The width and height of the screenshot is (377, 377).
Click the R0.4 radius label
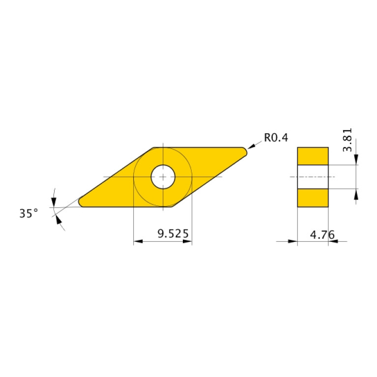coord(276,138)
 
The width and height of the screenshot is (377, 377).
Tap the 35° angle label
coord(29,213)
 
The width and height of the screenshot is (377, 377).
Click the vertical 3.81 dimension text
coord(348,140)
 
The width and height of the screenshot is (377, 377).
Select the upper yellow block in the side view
coord(313,156)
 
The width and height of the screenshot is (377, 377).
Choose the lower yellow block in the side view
coord(313,198)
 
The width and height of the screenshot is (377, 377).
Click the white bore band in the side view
coord(313,177)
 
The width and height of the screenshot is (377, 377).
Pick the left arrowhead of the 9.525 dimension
coord(138,241)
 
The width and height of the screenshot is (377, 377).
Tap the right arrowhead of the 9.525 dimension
coord(187,241)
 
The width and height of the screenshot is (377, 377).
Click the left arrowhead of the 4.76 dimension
coord(293,241)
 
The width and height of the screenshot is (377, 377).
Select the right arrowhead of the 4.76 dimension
coord(333,241)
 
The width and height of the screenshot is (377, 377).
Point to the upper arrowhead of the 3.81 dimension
coord(356,160)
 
